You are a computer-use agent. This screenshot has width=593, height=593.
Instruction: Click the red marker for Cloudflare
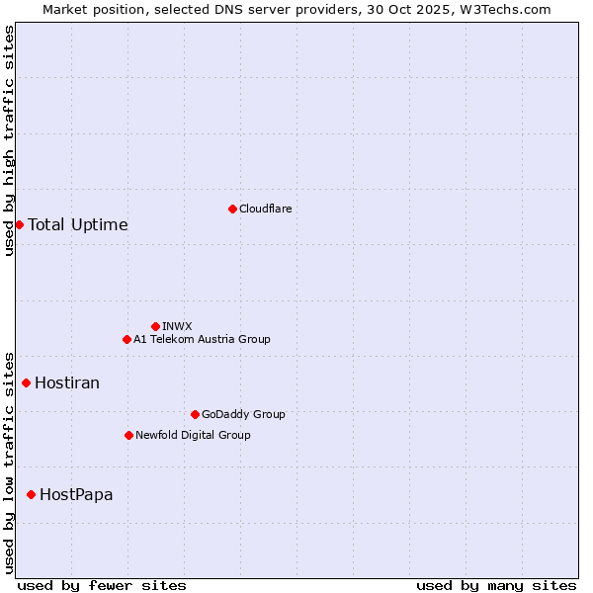pyautogui.click(x=232, y=209)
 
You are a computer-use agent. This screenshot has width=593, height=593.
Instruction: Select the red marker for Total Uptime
pyautogui.click(x=19, y=224)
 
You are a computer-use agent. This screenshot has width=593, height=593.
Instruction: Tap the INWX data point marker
pyautogui.click(x=155, y=326)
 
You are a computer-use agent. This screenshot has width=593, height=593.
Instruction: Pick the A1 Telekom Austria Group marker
pyautogui.click(x=127, y=339)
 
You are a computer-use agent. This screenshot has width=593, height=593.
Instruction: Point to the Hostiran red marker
pyautogui.click(x=26, y=382)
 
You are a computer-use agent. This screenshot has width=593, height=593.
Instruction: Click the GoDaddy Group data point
pyautogui.click(x=195, y=414)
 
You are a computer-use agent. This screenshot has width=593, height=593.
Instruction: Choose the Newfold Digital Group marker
pyautogui.click(x=128, y=435)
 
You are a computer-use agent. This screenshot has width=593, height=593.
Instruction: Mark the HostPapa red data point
pyautogui.click(x=31, y=494)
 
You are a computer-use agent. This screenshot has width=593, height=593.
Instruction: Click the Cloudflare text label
pyautogui.click(x=265, y=209)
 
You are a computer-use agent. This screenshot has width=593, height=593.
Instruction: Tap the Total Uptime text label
pyautogui.click(x=78, y=224)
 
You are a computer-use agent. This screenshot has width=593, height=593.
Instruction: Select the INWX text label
pyautogui.click(x=177, y=326)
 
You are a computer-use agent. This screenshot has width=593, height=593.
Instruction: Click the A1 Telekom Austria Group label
pyautogui.click(x=202, y=339)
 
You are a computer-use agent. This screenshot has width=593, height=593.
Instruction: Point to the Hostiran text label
pyautogui.click(x=67, y=382)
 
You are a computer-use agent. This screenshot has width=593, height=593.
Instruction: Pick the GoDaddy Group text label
pyautogui.click(x=243, y=414)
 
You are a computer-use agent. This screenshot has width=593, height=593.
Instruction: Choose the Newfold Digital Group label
pyautogui.click(x=193, y=435)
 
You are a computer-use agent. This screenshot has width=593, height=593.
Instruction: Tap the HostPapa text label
pyautogui.click(x=76, y=494)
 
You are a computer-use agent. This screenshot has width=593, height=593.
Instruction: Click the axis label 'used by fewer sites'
pyautogui.click(x=102, y=585)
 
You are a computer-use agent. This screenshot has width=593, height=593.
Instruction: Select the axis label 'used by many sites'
pyautogui.click(x=496, y=585)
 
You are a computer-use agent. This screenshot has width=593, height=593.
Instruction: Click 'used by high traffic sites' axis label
pyautogui.click(x=9, y=140)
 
